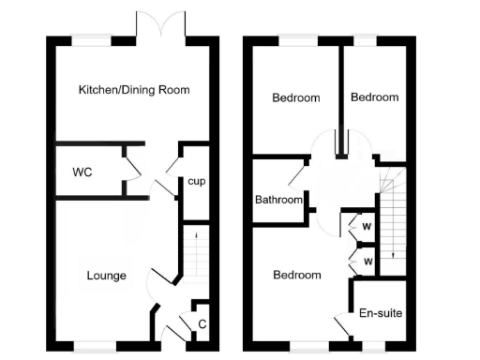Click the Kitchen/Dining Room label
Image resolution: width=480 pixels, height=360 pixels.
pos(134,90)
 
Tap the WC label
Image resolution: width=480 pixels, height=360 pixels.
pos(82,172)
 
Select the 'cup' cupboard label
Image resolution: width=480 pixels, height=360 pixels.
pos(196,181)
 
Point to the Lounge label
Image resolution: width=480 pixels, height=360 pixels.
pos(106,276)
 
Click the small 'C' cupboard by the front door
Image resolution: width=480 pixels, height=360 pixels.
pos(202,324)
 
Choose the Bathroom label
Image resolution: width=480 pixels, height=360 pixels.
pos(279,200)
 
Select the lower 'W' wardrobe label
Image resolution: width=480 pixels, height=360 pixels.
pos(367,260)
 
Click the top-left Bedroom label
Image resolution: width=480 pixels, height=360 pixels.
pos(296,97)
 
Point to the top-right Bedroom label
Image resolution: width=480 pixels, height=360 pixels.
pos(374,97)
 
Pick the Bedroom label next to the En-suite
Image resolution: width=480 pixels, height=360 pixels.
pos(296,275)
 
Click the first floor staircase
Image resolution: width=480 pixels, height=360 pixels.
pos(392,220)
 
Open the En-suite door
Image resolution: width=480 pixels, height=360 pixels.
pos(343,324)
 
